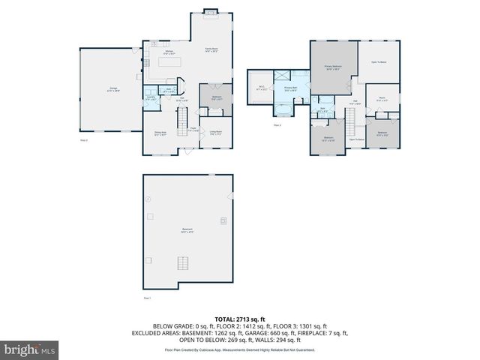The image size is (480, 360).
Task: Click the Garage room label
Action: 113,90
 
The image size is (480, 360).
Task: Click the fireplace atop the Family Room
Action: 211,12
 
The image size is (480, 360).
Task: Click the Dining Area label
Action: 160,133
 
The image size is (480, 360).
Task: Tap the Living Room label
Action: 215,133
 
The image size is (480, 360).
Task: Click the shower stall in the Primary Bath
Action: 283,76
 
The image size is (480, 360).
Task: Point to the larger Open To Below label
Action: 377,62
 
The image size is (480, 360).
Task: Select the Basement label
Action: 186,231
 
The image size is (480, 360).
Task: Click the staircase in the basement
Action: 181,262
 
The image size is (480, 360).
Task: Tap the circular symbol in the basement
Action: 148,199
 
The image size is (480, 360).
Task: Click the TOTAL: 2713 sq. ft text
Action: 240,319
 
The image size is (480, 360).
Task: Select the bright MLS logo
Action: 30,349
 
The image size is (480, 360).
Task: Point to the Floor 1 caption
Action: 148,298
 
